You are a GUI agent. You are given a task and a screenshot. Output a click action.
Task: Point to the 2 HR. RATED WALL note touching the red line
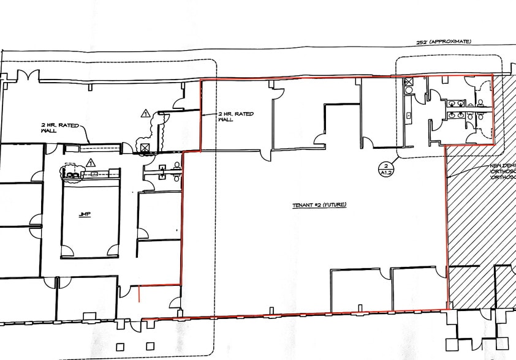coord(235,116)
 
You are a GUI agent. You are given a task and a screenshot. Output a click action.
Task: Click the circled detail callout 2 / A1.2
coord(384,169)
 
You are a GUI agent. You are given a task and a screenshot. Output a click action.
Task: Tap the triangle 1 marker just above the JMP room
coord(91,162)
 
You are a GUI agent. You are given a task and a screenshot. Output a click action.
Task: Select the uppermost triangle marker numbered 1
coord(145,113)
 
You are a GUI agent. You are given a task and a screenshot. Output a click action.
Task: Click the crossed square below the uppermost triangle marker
coord(145,148)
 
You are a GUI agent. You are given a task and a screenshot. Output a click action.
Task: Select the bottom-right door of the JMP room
coord(113,251)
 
